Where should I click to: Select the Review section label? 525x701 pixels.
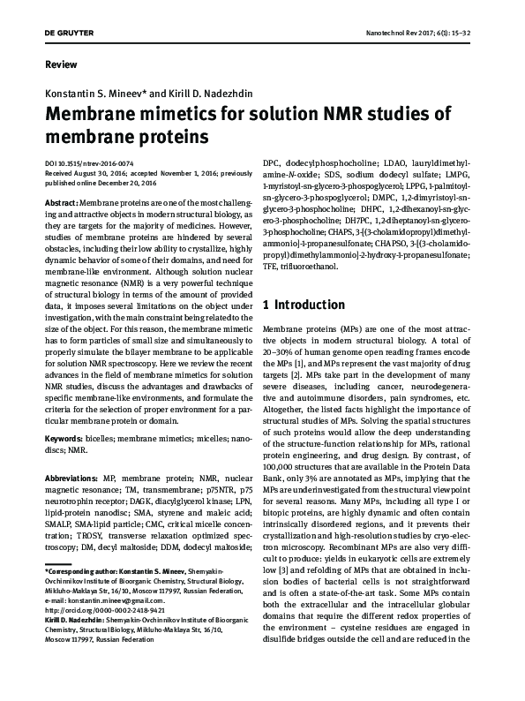[x=59, y=65]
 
